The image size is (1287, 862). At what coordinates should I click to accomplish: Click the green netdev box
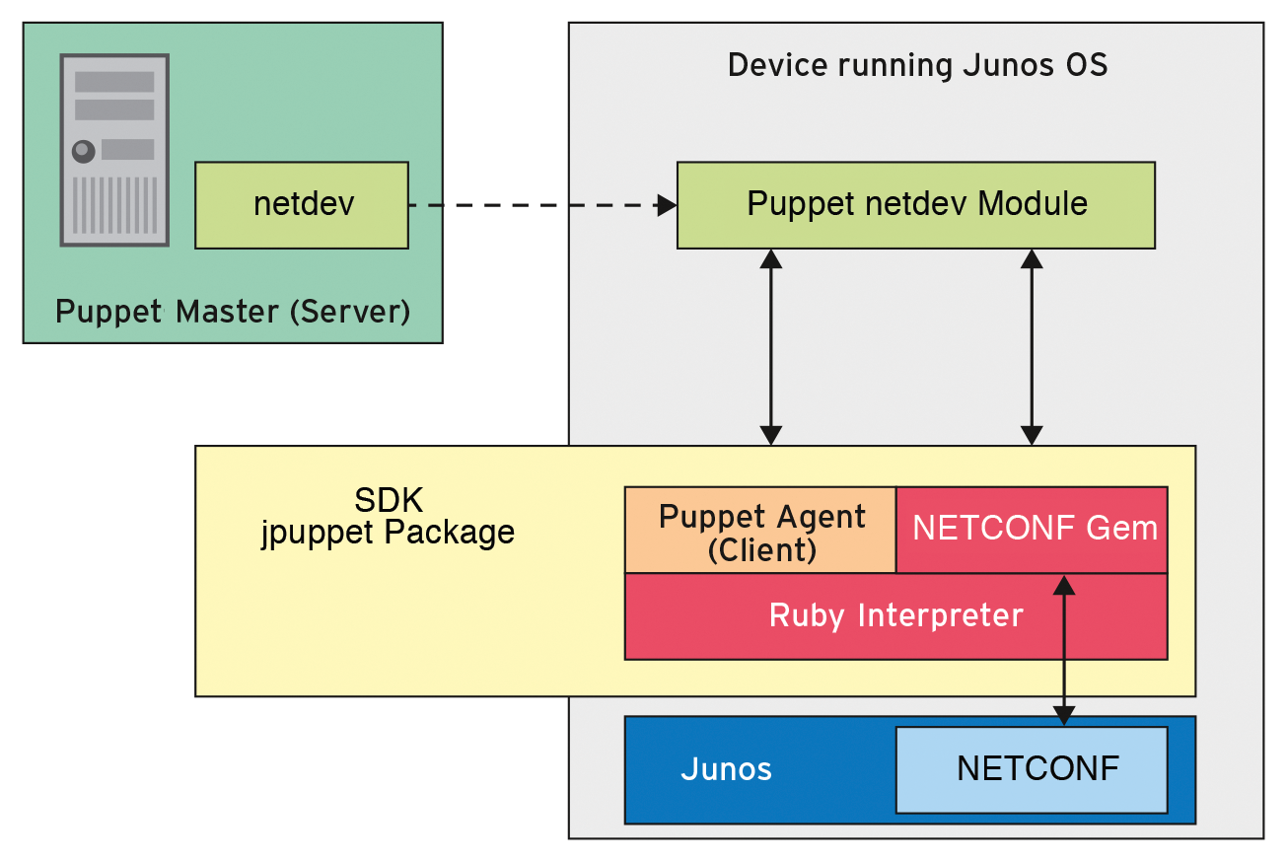tap(301, 205)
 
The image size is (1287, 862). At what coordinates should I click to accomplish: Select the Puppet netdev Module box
tap(915, 204)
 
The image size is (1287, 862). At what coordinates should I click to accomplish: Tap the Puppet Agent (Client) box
tap(760, 531)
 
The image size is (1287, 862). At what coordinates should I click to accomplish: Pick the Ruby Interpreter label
tap(895, 615)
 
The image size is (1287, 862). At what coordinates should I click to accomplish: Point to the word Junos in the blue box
tap(726, 769)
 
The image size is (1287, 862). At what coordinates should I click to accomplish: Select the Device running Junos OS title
tap(917, 66)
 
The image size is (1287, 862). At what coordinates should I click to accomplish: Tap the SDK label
tap(389, 500)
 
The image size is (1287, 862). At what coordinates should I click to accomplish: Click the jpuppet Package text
tap(388, 533)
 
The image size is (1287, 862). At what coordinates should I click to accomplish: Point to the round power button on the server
tap(84, 151)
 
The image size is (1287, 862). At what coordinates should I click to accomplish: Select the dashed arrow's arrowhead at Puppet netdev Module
tap(668, 205)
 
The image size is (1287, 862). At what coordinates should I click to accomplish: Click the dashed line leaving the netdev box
tap(533, 205)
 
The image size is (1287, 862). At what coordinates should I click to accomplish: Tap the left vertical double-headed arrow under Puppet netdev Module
tap(771, 345)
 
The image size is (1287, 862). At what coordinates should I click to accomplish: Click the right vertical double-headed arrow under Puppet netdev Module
tap(1032, 345)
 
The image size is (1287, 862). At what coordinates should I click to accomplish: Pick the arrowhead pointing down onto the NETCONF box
tap(1063, 715)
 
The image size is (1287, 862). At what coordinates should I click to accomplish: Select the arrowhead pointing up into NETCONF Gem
tap(1063, 585)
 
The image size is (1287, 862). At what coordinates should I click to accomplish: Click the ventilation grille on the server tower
tap(114, 203)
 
